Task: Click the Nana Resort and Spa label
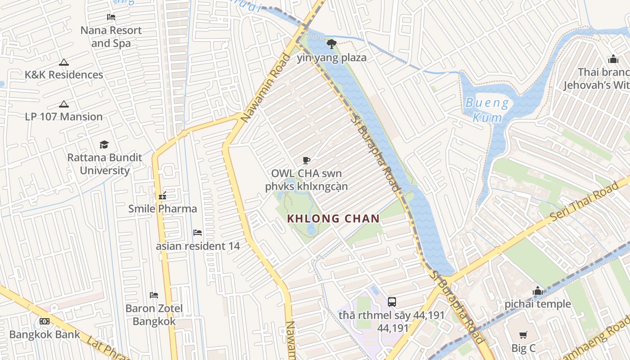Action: (x=111, y=37)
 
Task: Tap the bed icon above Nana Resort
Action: (x=111, y=18)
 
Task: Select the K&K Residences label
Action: (x=64, y=75)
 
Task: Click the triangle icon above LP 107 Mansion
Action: (x=64, y=104)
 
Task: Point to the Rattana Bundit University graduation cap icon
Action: (x=104, y=144)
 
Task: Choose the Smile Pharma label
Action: (x=162, y=209)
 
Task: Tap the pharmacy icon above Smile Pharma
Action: (x=162, y=196)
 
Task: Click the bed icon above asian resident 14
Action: (x=198, y=233)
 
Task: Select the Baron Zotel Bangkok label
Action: (x=154, y=315)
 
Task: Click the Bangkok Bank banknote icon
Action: (x=45, y=321)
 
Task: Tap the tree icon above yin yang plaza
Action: (x=332, y=44)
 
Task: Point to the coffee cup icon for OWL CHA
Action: (x=306, y=160)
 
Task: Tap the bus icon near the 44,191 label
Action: (x=392, y=301)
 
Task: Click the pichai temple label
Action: (x=537, y=304)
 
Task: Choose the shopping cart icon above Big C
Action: (x=523, y=335)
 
